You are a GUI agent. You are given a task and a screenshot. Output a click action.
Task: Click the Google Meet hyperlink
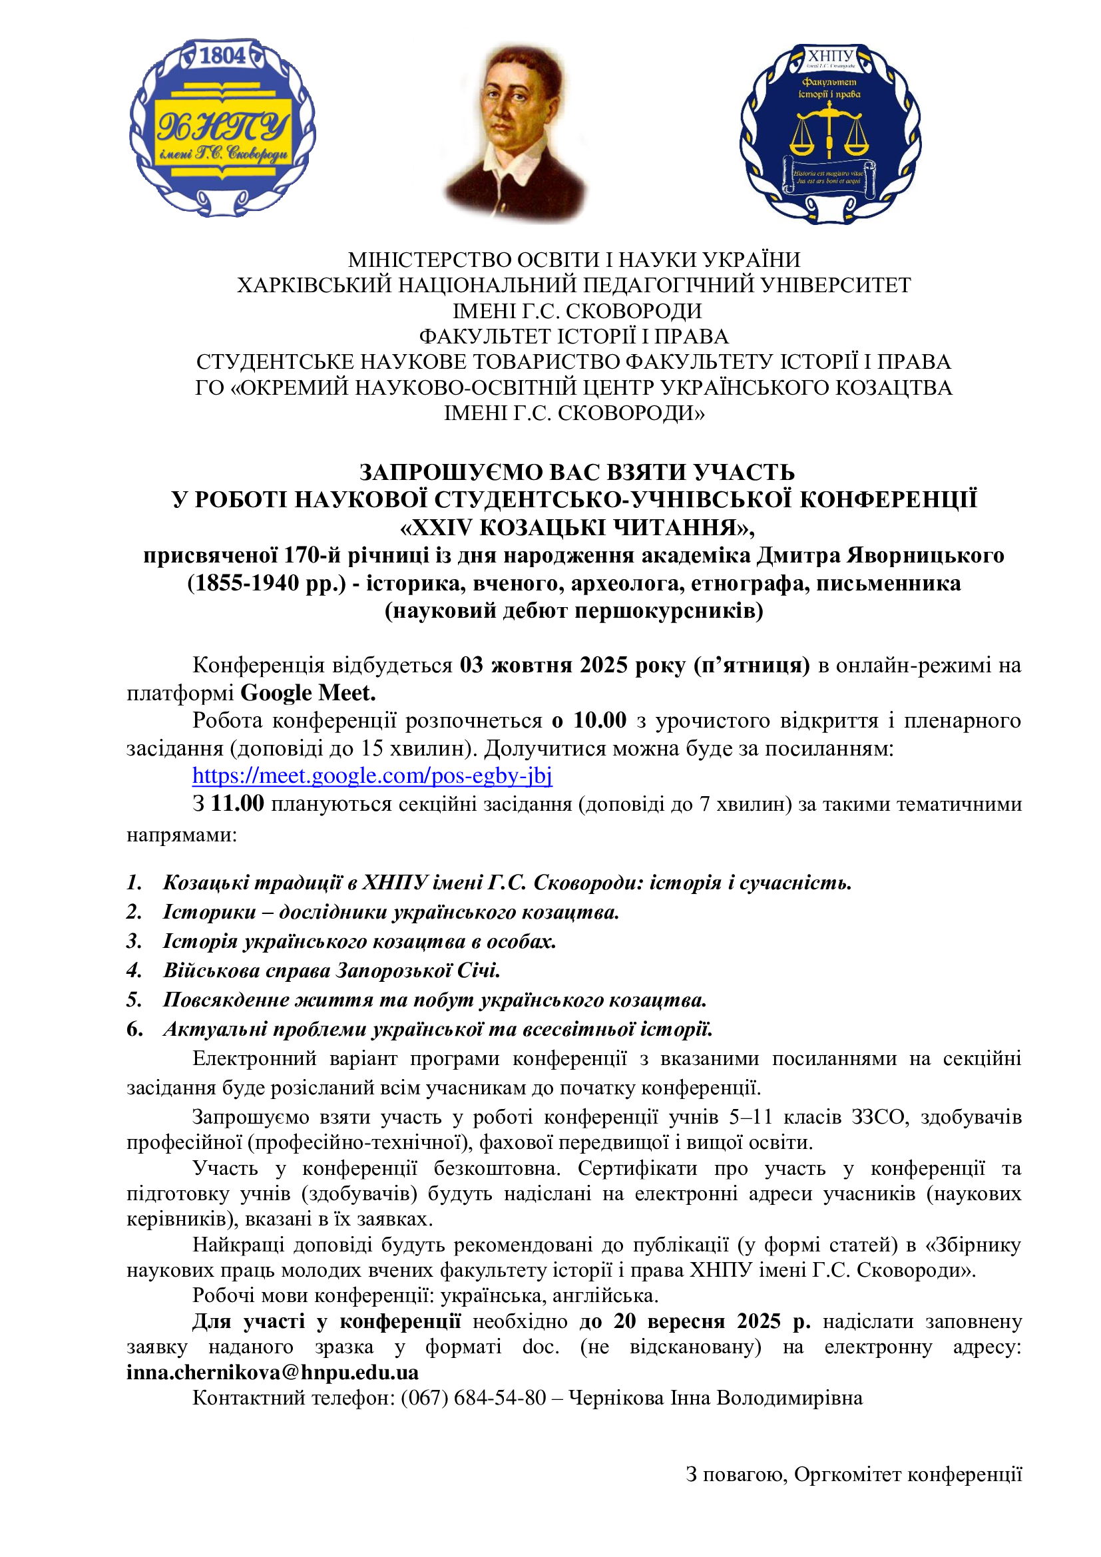(372, 775)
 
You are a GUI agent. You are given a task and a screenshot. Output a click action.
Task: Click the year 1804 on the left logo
(222, 56)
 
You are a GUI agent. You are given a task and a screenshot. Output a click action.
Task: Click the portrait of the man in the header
(515, 132)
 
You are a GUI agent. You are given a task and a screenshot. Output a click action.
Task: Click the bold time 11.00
(237, 803)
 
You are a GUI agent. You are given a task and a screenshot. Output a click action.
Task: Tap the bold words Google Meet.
(308, 692)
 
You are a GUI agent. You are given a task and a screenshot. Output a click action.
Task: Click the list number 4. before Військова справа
(134, 971)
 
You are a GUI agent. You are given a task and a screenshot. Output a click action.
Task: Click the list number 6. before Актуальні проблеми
(134, 1028)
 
